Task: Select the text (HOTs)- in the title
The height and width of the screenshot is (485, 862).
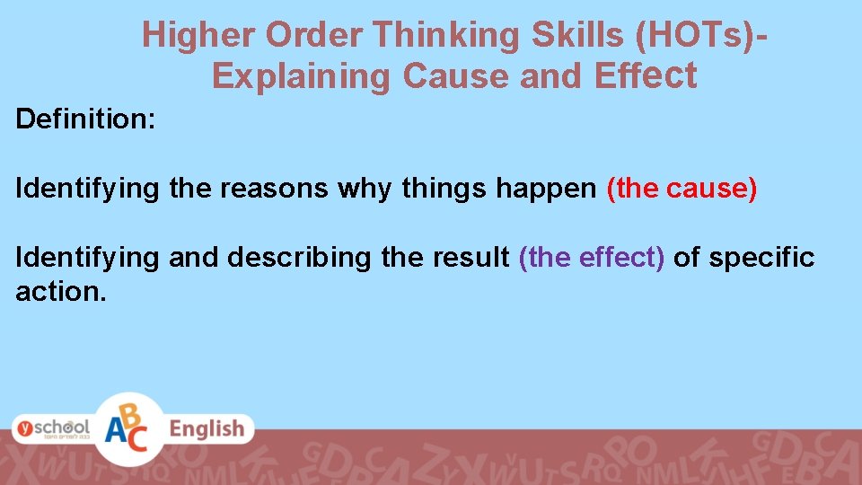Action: click(702, 35)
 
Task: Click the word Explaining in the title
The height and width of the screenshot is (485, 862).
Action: click(303, 76)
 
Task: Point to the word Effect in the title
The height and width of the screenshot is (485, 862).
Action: click(646, 76)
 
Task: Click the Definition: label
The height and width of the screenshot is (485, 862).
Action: click(86, 119)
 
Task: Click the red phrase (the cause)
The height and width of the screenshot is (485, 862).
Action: click(682, 189)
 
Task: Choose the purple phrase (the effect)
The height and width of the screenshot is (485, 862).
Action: click(592, 258)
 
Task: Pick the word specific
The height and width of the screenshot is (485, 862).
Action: click(761, 258)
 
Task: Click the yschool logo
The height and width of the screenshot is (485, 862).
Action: click(53, 428)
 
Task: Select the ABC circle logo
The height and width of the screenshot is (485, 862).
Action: click(128, 428)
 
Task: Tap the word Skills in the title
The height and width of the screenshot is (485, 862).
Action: click(578, 35)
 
